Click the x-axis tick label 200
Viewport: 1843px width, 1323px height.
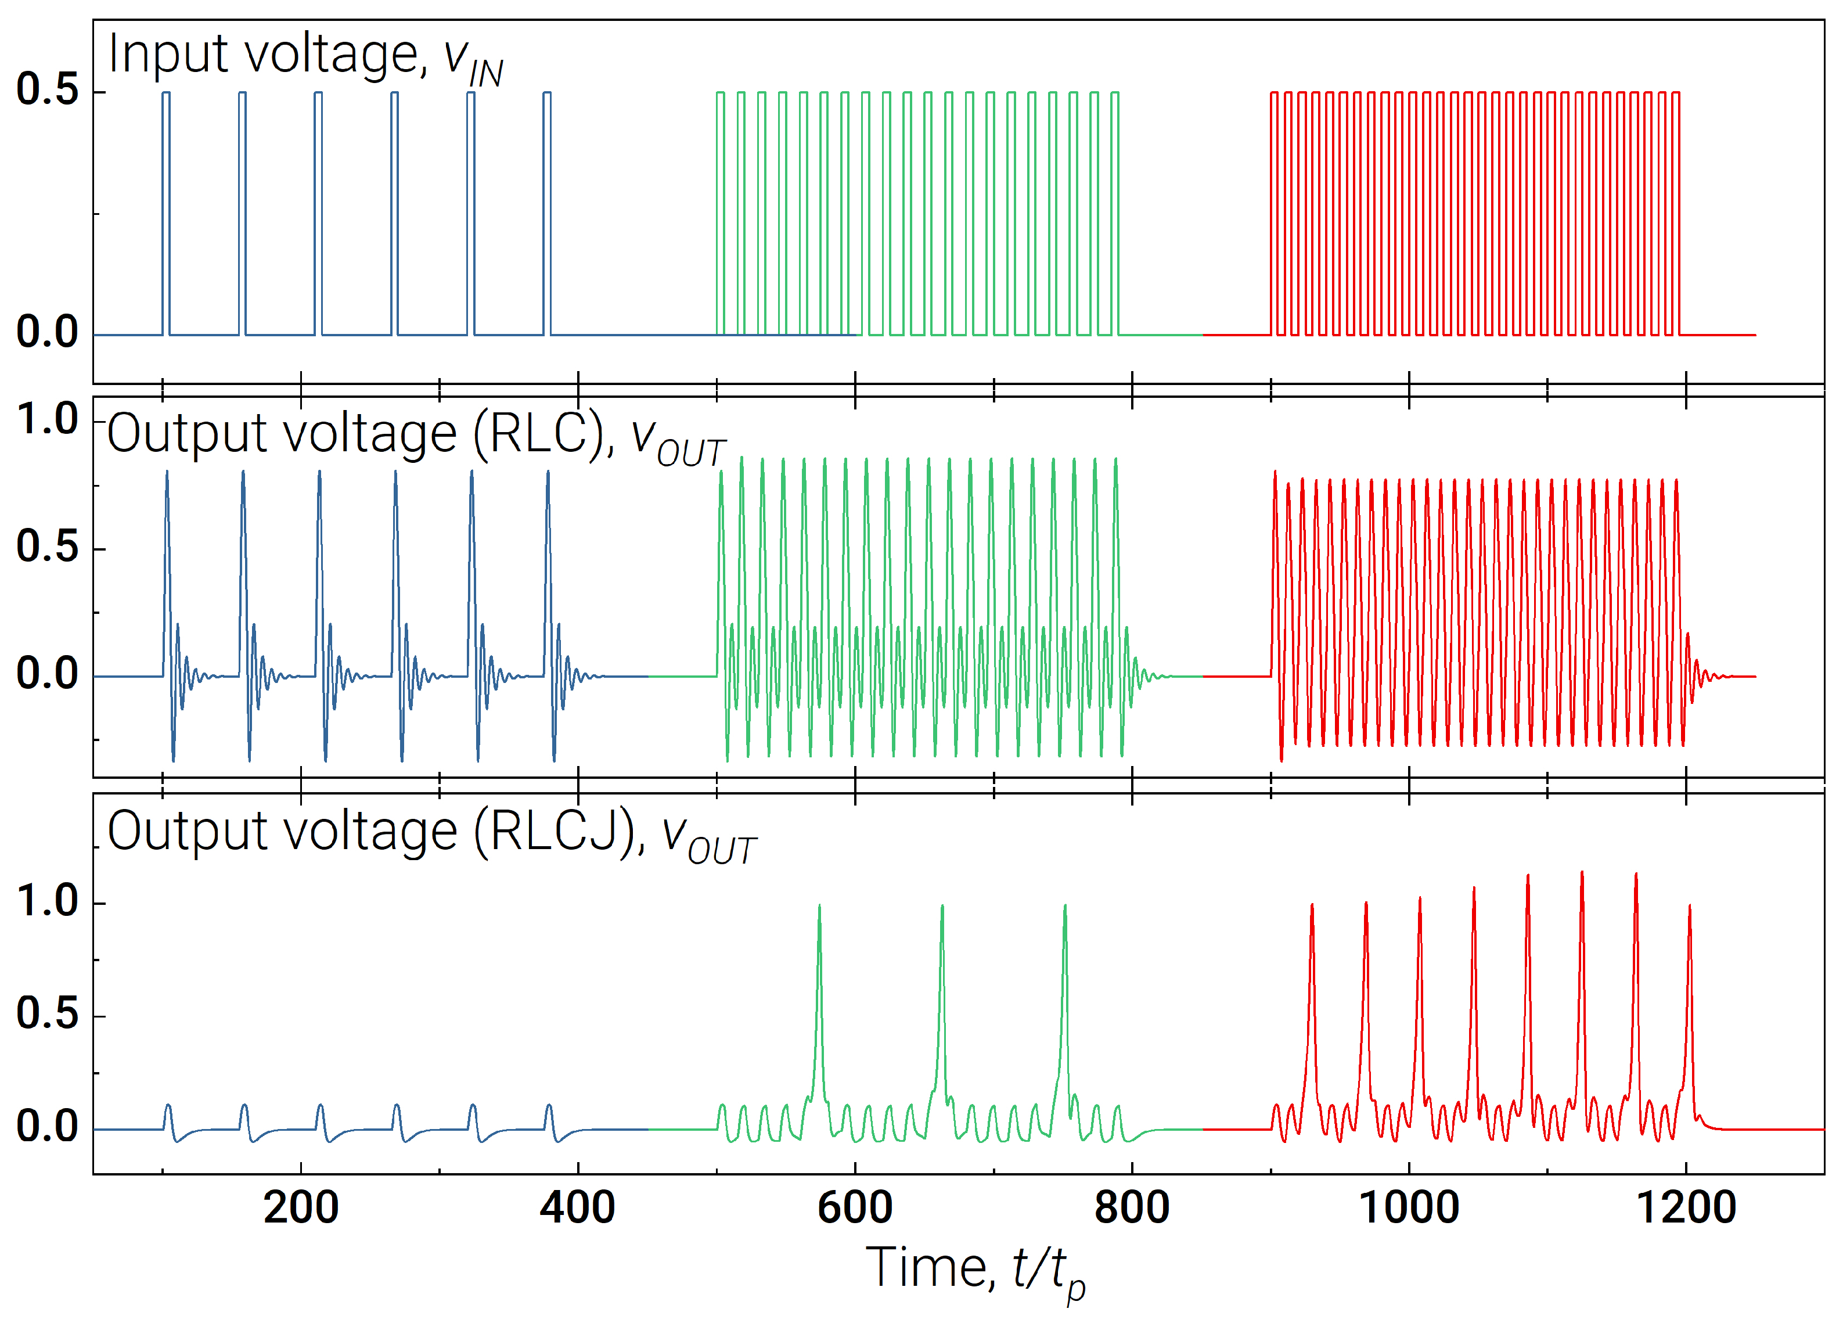(x=301, y=1209)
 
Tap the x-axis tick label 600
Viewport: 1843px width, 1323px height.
(x=855, y=1209)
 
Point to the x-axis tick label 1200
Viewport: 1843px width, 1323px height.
(x=1686, y=1209)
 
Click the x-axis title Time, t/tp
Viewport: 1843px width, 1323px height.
(x=975, y=1270)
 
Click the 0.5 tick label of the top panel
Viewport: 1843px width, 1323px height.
(x=47, y=89)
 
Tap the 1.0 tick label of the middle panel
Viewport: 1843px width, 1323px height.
(x=47, y=420)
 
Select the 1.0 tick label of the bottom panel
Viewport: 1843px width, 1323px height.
(x=47, y=902)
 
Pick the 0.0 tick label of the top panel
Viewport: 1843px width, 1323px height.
(x=47, y=332)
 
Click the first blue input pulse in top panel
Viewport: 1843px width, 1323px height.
(x=165, y=211)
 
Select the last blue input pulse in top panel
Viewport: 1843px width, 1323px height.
(x=547, y=211)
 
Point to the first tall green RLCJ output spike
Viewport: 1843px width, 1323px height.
(x=819, y=975)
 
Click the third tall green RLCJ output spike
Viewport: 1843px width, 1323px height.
(x=1064, y=975)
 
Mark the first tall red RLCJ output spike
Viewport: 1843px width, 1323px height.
(x=1312, y=975)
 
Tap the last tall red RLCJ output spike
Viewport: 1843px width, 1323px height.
(x=1690, y=975)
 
